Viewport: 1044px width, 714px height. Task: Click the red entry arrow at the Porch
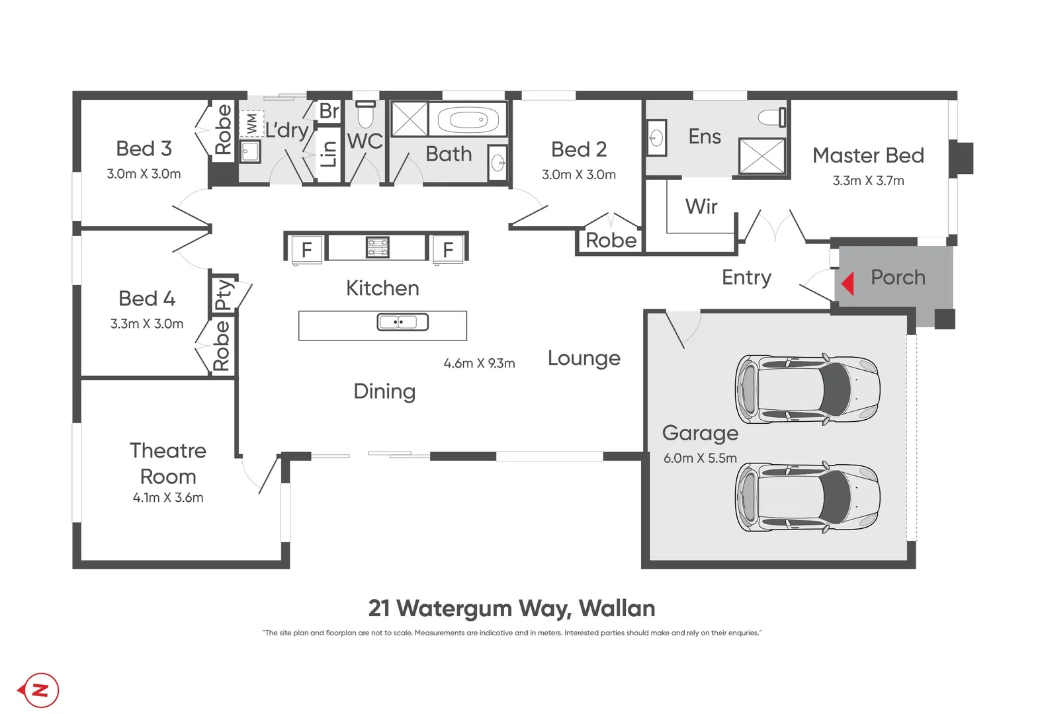[x=848, y=283]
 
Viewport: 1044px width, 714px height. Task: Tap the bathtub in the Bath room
[x=468, y=120]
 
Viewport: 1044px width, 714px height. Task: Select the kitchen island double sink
[x=402, y=322]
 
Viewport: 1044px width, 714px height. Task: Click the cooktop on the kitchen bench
[x=378, y=247]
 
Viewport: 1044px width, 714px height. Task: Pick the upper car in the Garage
[x=807, y=389]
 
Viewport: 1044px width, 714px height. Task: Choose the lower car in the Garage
[x=807, y=497]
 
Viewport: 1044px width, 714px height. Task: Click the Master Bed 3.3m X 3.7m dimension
[x=868, y=180]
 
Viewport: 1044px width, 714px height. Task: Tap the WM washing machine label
[x=251, y=124]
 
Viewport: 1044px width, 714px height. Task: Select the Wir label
[x=701, y=206]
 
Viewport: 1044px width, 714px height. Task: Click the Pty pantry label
[x=224, y=294]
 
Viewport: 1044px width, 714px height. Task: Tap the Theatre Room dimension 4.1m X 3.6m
[x=168, y=497]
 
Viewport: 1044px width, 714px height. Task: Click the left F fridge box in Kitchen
[x=306, y=250]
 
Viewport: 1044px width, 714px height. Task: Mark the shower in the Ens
[x=761, y=156]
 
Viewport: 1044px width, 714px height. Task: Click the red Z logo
[x=39, y=690]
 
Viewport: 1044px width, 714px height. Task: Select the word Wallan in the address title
[x=617, y=608]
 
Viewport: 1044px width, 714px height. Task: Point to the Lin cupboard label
[x=328, y=154]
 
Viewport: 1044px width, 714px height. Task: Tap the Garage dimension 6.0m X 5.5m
[x=700, y=457]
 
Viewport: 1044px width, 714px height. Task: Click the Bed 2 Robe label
[x=611, y=241]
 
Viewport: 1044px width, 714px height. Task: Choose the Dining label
[x=384, y=391]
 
